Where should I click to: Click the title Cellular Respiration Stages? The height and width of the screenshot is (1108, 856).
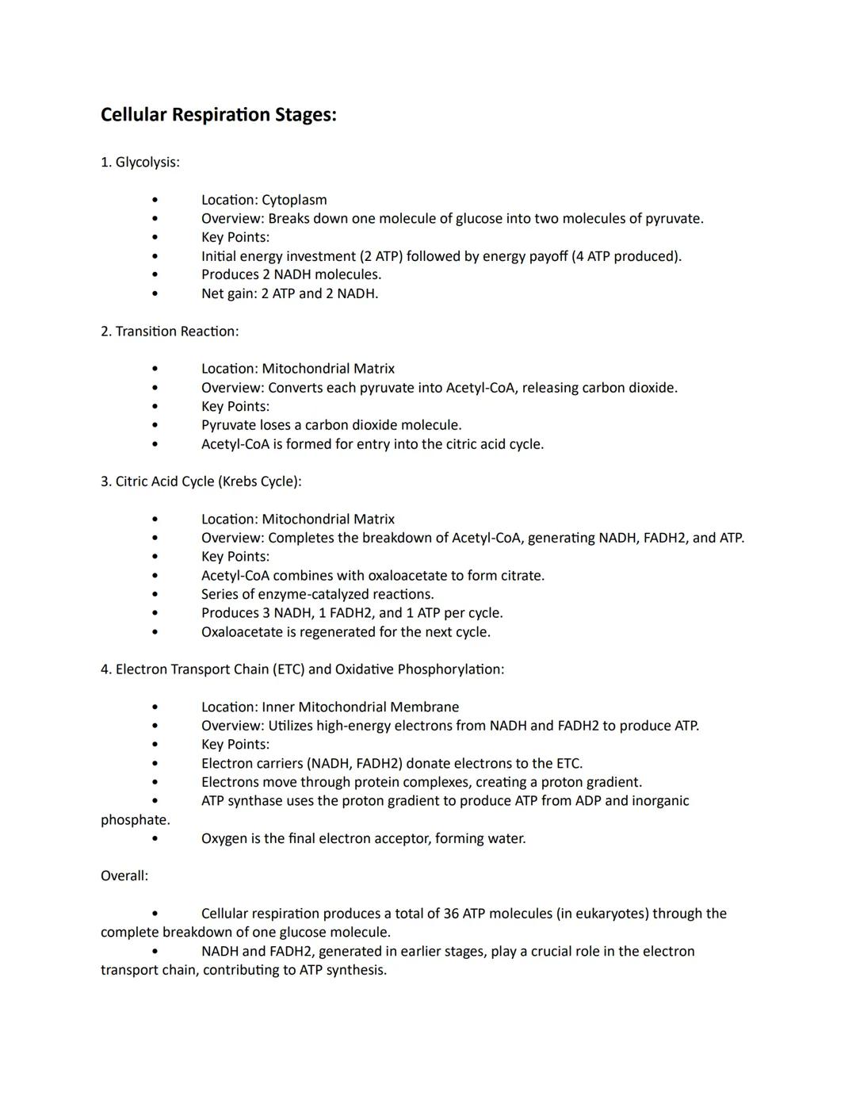218,115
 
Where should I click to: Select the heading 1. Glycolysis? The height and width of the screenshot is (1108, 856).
139,163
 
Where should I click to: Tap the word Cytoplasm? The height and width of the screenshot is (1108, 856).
294,200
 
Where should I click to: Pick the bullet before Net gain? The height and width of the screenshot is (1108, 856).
155,293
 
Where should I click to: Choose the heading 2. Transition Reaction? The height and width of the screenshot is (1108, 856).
169,332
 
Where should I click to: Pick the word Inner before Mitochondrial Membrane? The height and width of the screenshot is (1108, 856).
278,707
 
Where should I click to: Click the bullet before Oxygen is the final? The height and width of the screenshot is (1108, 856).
155,839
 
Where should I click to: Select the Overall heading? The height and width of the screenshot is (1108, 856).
124,876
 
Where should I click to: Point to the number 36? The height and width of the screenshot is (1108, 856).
451,914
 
